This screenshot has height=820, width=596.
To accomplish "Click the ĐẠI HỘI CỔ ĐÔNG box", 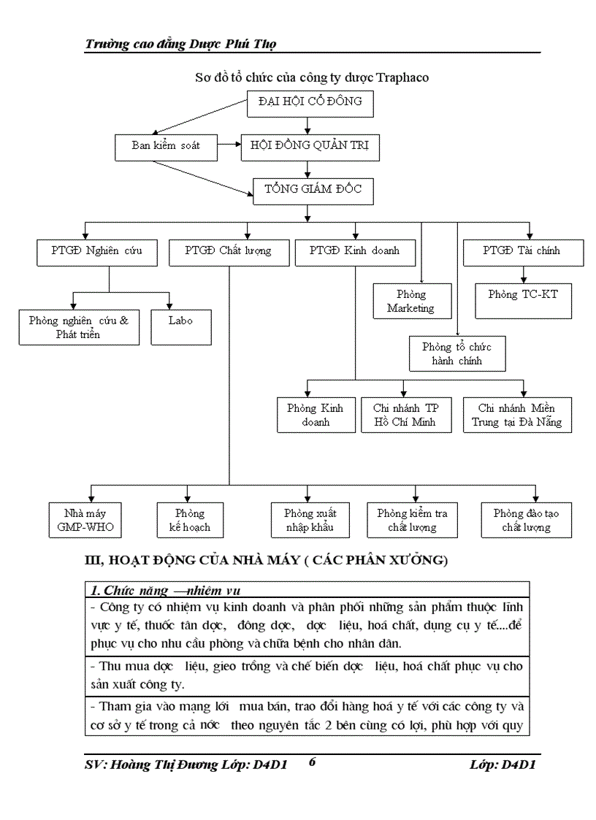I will pyautogui.click(x=310, y=103).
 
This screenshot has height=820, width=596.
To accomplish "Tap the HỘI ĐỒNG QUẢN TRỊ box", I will pyautogui.click(x=310, y=147).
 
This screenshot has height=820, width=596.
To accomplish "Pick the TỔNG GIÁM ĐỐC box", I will pyautogui.click(x=310, y=191).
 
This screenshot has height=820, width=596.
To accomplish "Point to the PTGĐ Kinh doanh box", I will pyautogui.click(x=355, y=252).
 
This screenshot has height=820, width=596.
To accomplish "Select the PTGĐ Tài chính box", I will pyautogui.click(x=523, y=252).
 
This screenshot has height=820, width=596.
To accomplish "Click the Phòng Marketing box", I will pyautogui.click(x=411, y=301).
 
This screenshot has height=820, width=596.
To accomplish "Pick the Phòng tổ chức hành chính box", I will pyautogui.click(x=457, y=354).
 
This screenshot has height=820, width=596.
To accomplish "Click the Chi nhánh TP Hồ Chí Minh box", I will pyautogui.click(x=406, y=415).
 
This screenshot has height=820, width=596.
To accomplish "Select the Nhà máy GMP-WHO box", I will pyautogui.click(x=81, y=520).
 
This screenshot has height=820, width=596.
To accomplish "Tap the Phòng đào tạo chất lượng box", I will pyautogui.click(x=527, y=520).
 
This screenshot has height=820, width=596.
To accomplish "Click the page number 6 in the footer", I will pyautogui.click(x=313, y=762).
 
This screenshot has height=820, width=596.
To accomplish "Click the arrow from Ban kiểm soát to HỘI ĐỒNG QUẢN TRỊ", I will pyautogui.click(x=229, y=146).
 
